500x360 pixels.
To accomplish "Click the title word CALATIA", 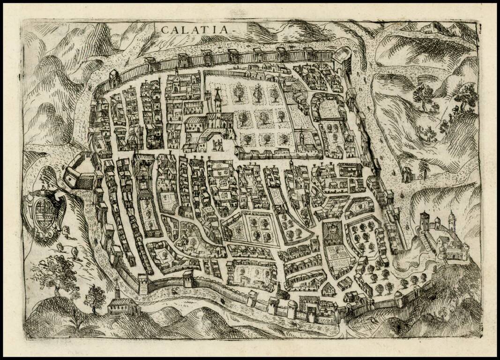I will click(x=196, y=29).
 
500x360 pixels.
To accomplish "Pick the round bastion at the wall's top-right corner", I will click(x=342, y=60).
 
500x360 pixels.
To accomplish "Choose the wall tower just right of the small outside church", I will click(x=142, y=284).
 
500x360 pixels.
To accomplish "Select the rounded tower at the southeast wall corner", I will click(x=398, y=297).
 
